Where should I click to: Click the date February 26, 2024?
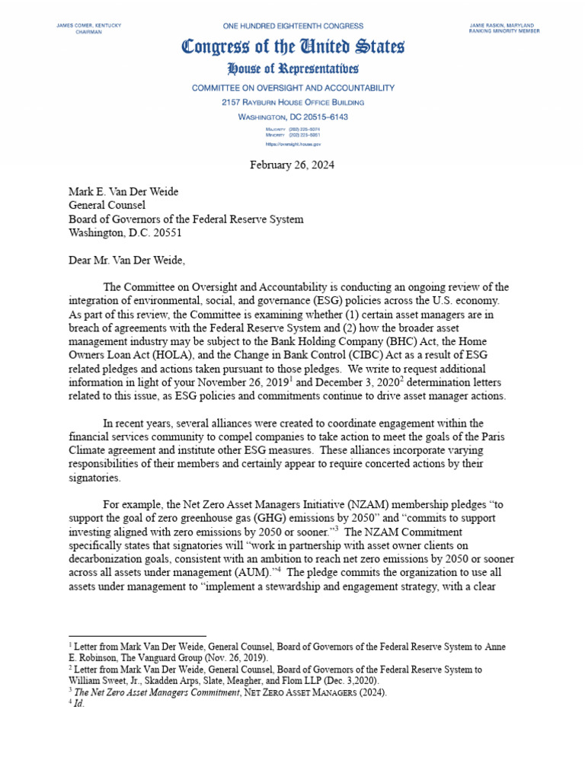coord(292,165)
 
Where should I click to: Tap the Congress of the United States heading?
coord(292,47)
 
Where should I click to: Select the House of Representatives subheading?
coord(292,69)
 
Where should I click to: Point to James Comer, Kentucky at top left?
coord(89,25)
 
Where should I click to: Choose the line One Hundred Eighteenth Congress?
coord(292,26)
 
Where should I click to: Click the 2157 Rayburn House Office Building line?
coord(292,102)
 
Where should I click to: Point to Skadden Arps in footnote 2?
coord(170,681)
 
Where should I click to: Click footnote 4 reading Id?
coord(76,704)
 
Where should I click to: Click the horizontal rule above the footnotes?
coord(137,636)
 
